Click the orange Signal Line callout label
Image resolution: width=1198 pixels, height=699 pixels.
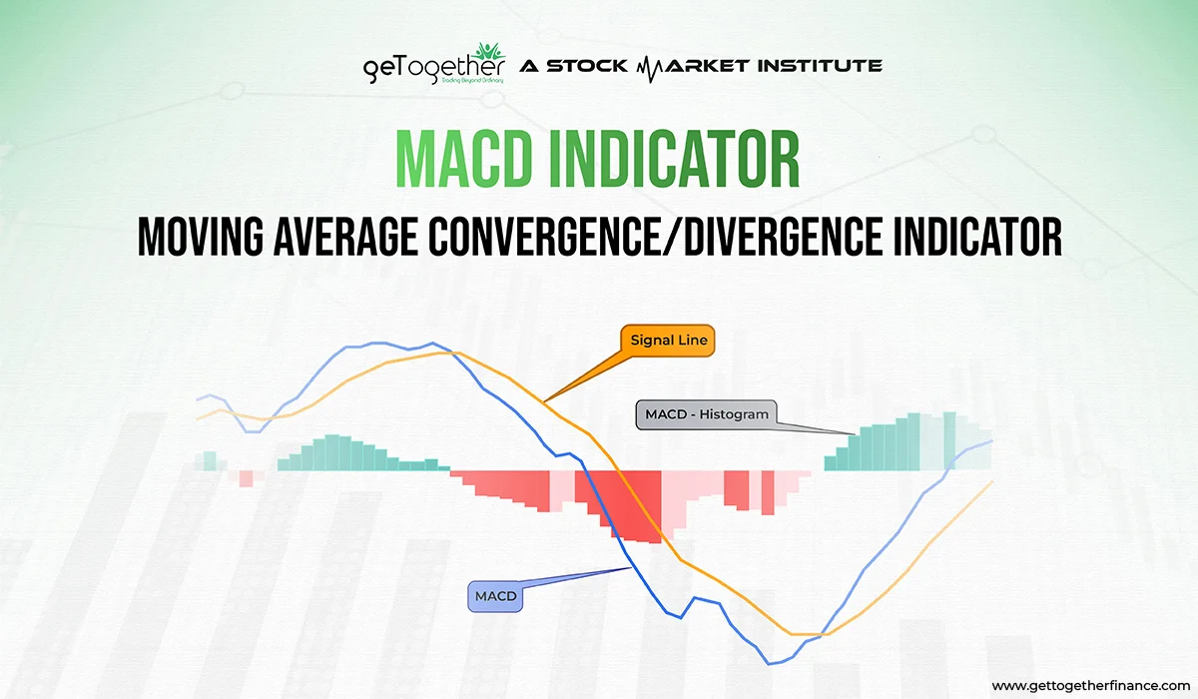click(669, 341)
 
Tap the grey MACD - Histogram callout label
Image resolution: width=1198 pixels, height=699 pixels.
click(705, 414)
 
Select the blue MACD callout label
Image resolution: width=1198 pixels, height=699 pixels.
click(495, 596)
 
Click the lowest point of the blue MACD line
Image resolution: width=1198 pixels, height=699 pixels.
click(770, 662)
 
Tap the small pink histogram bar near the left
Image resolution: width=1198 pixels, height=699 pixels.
click(246, 478)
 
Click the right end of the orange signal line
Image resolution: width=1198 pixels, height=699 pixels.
click(991, 481)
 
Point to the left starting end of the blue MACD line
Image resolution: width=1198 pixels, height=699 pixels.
click(199, 397)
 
